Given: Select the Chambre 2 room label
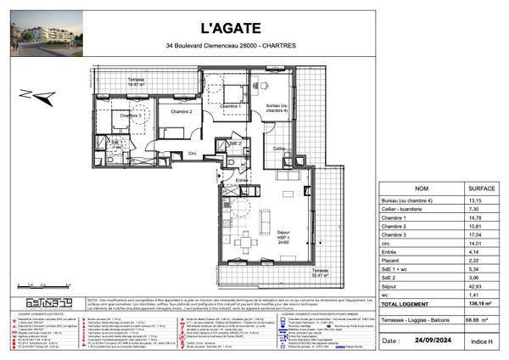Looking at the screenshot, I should [x=182, y=111].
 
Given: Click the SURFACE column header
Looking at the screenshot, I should [x=482, y=189].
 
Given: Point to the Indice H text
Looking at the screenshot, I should [x=480, y=340].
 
